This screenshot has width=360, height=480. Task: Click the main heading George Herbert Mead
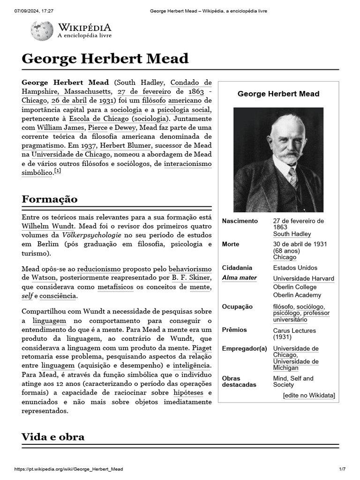(x=105, y=59)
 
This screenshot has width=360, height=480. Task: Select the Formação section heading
(x=50, y=199)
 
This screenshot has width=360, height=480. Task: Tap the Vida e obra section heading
(x=53, y=437)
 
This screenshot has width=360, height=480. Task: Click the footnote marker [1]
(x=58, y=171)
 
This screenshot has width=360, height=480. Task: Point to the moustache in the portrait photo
(x=288, y=157)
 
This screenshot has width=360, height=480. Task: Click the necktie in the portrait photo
(x=293, y=177)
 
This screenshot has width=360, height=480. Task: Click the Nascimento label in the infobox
(x=240, y=221)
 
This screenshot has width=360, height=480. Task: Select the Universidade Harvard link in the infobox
(x=303, y=278)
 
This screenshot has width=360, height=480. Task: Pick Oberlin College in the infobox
(x=295, y=287)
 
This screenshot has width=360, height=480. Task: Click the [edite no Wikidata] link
(x=309, y=396)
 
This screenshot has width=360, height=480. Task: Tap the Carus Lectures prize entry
(x=294, y=330)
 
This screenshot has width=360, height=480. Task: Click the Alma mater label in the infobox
(x=239, y=278)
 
